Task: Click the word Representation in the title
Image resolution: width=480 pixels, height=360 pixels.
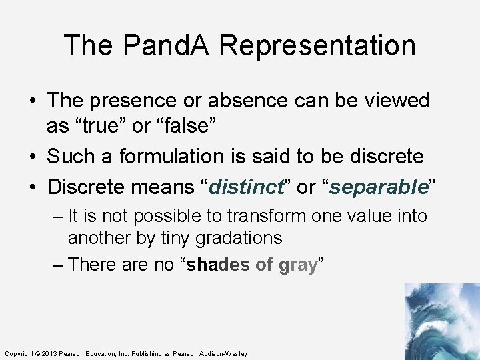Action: [317, 45]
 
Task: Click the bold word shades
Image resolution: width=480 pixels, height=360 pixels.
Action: [219, 265]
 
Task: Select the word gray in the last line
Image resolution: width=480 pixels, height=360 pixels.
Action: [297, 265]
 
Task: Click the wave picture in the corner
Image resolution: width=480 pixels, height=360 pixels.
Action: [441, 321]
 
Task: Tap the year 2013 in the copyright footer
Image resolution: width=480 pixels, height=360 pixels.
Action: [51, 353]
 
